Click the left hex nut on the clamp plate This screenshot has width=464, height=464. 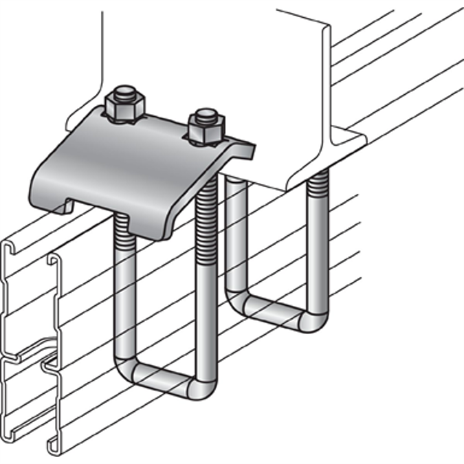click(124, 108)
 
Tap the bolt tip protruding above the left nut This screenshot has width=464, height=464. click(125, 92)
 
